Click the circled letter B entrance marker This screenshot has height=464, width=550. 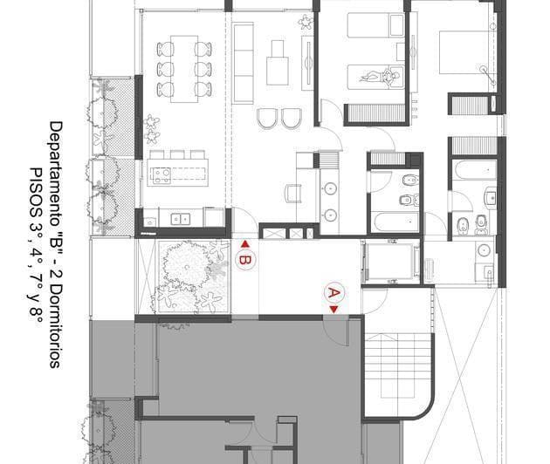(x=245, y=260)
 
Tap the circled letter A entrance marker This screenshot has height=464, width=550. (x=333, y=290)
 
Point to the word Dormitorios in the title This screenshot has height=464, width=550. (x=56, y=324)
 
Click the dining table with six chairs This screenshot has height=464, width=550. (x=183, y=67)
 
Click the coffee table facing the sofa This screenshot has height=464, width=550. (x=279, y=59)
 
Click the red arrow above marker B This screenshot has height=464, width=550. (x=245, y=244)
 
